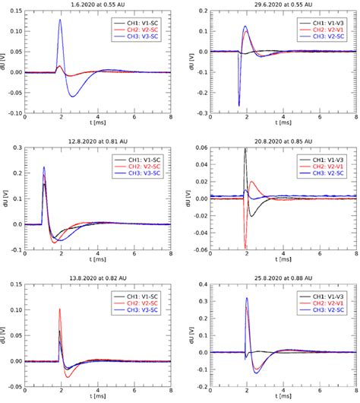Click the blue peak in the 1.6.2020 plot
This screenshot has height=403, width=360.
tap(60, 21)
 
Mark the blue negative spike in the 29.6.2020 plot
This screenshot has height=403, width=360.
tap(238, 105)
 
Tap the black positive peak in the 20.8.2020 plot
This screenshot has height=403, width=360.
tap(245, 149)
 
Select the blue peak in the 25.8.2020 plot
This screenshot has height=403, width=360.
tap(246, 298)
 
